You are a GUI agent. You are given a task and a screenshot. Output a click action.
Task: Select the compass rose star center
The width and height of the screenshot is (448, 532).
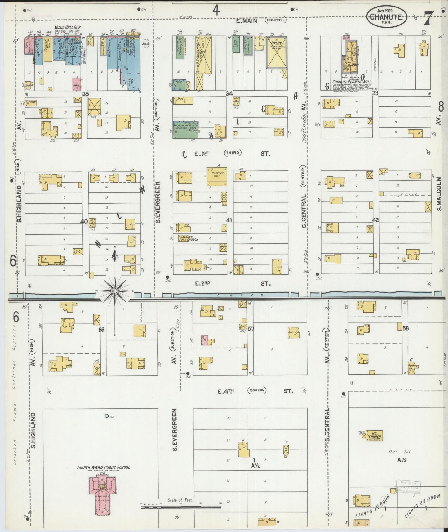pyautogui.click(x=115, y=291)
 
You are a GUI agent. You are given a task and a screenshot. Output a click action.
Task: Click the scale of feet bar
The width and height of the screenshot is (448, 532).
pyautogui.click(x=181, y=507)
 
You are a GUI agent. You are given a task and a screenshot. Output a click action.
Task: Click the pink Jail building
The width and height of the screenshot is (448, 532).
pyautogui.click(x=77, y=84)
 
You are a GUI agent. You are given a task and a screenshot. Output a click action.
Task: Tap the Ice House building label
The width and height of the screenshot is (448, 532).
pyautogui.click(x=217, y=173)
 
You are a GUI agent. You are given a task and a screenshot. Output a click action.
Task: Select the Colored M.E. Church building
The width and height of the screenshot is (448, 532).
pyautogui.click(x=188, y=238)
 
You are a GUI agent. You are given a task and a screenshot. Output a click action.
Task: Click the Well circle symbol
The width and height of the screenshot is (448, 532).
pyautogui.click(x=107, y=416)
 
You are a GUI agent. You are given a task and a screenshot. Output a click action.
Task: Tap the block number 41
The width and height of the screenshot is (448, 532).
pyautogui.click(x=229, y=220)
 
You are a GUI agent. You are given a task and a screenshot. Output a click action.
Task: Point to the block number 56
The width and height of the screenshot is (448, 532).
pyautogui.click(x=101, y=330)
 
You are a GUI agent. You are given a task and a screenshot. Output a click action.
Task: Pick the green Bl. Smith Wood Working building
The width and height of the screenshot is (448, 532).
pyautogui.click(x=186, y=129)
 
